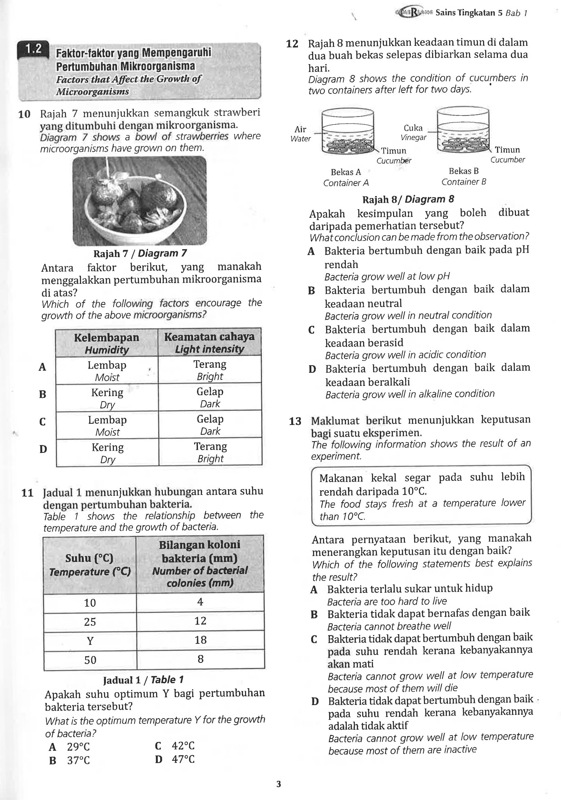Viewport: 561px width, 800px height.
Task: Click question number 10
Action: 24,114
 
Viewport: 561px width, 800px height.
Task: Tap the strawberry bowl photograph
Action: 139,201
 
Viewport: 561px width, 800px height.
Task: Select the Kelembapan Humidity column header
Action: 107,343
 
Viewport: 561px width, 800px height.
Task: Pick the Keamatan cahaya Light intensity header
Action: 209,343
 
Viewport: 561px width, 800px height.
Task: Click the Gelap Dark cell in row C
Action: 210,425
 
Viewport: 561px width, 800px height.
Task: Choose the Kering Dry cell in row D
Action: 107,453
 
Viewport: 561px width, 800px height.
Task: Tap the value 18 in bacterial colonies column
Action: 200,640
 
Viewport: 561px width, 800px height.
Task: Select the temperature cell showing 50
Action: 90,660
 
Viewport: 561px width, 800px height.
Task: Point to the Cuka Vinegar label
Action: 413,132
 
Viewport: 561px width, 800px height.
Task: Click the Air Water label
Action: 300,134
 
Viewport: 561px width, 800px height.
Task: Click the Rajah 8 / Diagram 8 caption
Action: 408,199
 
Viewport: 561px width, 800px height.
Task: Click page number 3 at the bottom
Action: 278,784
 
